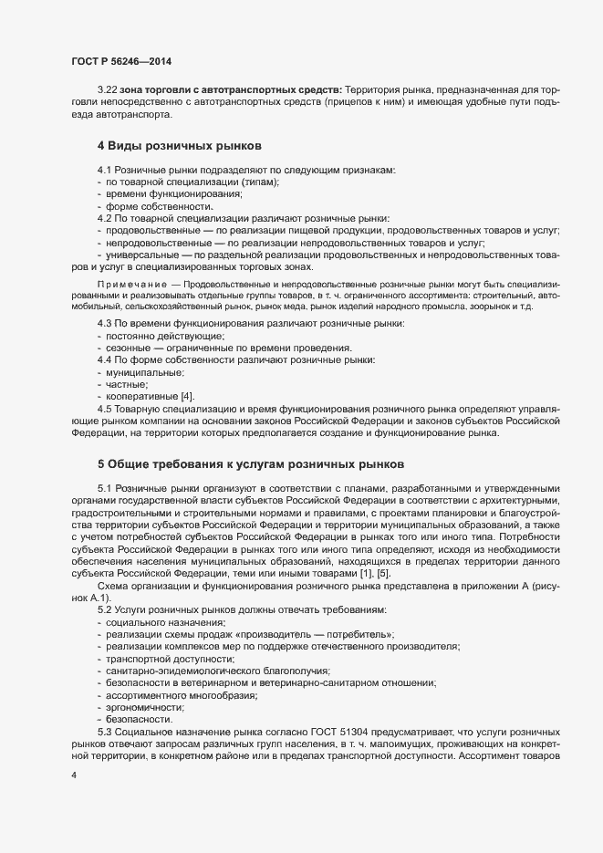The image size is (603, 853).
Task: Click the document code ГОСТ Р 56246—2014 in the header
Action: coord(120,62)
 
